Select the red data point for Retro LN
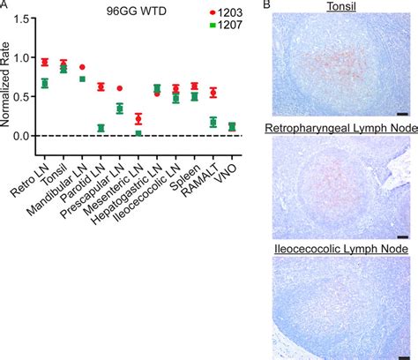click(x=44, y=62)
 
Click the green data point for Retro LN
click(x=44, y=84)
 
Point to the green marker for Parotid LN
click(x=101, y=128)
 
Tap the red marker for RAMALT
click(x=213, y=93)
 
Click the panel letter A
click(x=5, y=5)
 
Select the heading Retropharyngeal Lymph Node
click(x=338, y=131)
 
